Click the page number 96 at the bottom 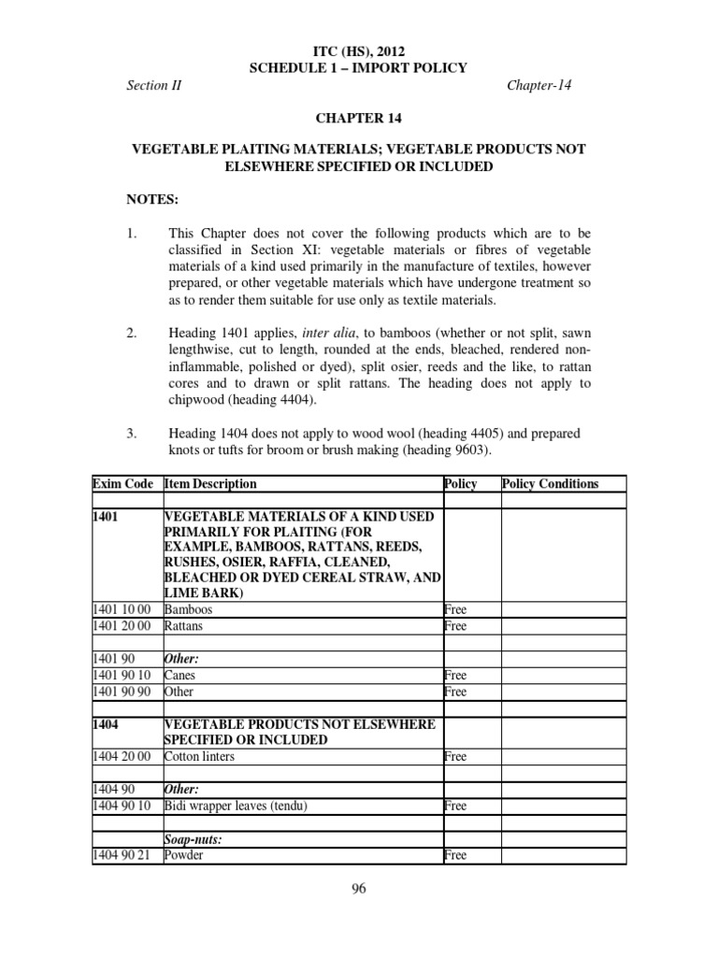[359, 889]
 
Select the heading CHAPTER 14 [358, 118]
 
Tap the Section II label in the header [154, 85]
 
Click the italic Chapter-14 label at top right [539, 85]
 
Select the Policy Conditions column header [550, 483]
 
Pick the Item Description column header [210, 483]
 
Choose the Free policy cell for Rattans [455, 626]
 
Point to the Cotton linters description [199, 756]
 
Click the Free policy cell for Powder [455, 854]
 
